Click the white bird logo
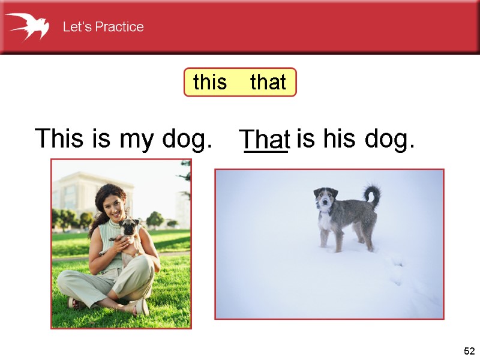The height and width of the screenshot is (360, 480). pos(27,26)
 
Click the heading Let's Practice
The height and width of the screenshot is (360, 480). pos(103,27)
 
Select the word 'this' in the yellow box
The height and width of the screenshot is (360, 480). pos(210,82)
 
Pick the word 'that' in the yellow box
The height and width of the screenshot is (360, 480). pos(268,82)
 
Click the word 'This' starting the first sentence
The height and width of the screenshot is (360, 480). pos(61,139)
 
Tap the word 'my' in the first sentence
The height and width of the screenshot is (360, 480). pos(137,140)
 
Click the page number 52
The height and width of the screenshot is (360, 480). pos(469,351)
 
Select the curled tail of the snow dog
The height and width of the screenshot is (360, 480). pos(373,194)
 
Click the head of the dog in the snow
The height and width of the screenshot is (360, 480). pos(325,199)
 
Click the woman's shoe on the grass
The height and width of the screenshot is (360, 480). pos(140,307)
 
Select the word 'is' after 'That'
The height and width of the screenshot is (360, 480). pos(305,139)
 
